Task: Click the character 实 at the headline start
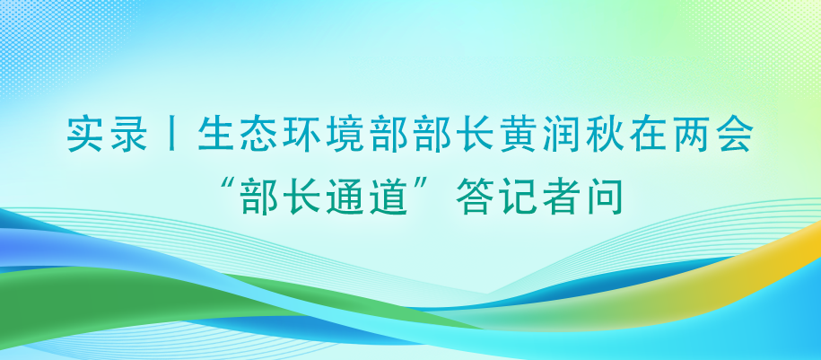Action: [x=84, y=135]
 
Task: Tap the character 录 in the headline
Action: [x=128, y=135]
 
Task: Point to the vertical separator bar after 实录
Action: [x=172, y=135]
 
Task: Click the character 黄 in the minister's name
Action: [x=519, y=135]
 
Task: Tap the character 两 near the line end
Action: [x=694, y=135]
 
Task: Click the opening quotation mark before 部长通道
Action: [x=228, y=186]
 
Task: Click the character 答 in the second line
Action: [x=475, y=197]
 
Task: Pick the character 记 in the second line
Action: [x=519, y=197]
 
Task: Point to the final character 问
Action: [x=606, y=197]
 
